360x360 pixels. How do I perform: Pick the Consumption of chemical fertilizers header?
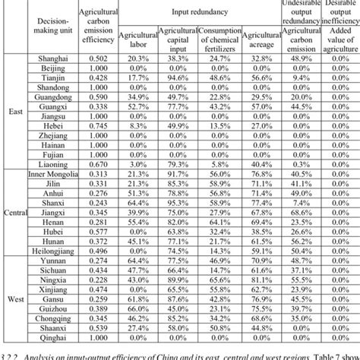coord(219,37)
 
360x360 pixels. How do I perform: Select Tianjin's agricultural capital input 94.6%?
coord(176,78)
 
